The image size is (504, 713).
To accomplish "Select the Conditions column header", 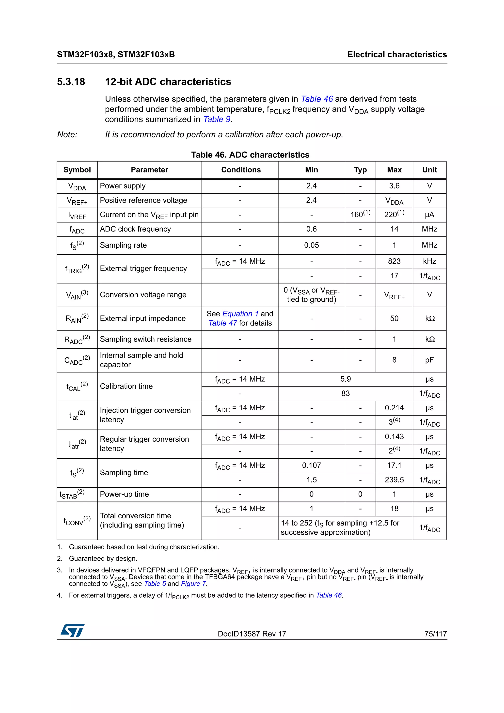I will [x=241, y=170].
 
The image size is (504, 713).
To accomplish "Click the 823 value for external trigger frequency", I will [x=394, y=261].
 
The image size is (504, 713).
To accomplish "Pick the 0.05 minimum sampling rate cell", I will [x=311, y=245].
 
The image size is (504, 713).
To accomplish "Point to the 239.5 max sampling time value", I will [x=394, y=480].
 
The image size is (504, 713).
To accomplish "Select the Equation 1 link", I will [x=240, y=314].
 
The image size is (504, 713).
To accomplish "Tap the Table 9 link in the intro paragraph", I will [x=217, y=120].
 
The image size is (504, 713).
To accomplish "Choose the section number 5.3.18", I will [x=71, y=82].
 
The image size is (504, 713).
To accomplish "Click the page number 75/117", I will [x=435, y=634].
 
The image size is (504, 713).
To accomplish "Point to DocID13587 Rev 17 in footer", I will [x=252, y=634].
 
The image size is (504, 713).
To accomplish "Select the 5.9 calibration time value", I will [x=345, y=379].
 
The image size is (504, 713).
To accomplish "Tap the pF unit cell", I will [x=429, y=360].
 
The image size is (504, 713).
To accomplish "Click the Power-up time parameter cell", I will [x=124, y=494].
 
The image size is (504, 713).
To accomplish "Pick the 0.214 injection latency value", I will [x=394, y=408].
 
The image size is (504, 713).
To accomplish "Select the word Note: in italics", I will [x=67, y=135].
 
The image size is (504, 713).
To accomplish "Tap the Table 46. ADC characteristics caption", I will [x=250, y=155].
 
